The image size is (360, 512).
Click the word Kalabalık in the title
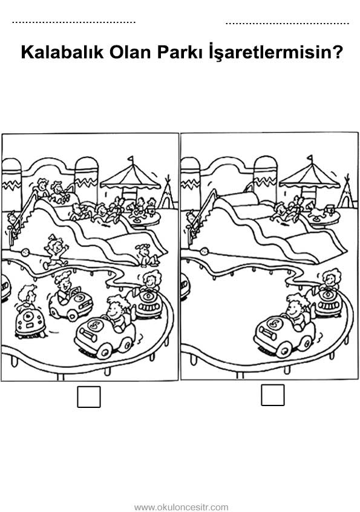(62, 52)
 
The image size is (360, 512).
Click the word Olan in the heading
(131, 52)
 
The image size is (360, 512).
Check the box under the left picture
(89, 397)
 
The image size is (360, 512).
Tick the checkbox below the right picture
(272, 395)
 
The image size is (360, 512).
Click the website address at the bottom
(181, 507)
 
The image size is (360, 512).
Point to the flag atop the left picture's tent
(131, 160)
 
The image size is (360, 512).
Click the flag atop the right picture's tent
(310, 159)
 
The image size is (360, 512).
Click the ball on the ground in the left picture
(25, 252)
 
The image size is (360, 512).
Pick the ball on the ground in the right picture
(205, 252)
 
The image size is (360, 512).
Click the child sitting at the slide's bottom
(147, 255)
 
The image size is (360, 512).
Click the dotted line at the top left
(74, 22)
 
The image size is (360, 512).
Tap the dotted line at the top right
(287, 23)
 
